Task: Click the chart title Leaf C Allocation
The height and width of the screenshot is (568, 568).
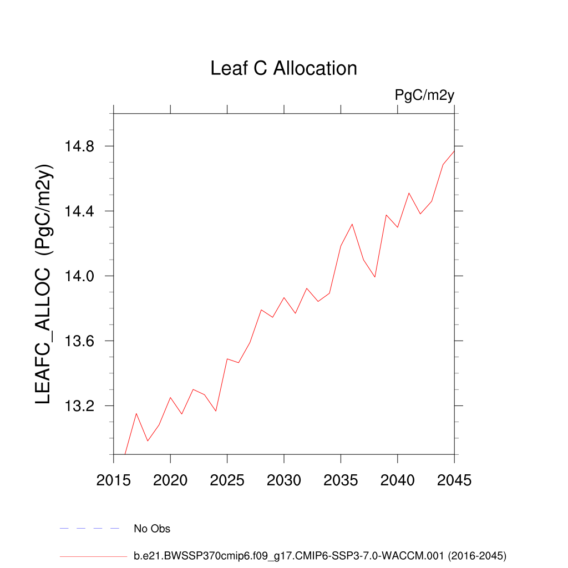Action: [x=283, y=68]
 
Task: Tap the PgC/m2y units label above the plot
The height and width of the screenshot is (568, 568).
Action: [x=424, y=95]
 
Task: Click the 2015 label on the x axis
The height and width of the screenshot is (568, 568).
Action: [x=114, y=480]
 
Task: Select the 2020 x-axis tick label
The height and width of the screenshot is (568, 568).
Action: [x=170, y=480]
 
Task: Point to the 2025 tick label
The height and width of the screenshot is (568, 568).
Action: [x=227, y=480]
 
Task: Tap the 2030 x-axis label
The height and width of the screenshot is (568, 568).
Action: [x=284, y=480]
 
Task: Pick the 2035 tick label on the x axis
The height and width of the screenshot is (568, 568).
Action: [x=341, y=480]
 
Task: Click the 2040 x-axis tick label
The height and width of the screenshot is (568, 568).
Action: [x=398, y=480]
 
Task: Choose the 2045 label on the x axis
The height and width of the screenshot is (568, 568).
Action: [x=454, y=480]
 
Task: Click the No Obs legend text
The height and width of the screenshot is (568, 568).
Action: [x=152, y=529]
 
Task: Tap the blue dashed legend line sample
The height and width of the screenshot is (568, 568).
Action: [x=89, y=529]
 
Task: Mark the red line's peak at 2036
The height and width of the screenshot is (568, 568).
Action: [x=352, y=224]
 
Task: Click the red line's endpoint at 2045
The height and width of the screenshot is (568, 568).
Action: [x=454, y=151]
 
